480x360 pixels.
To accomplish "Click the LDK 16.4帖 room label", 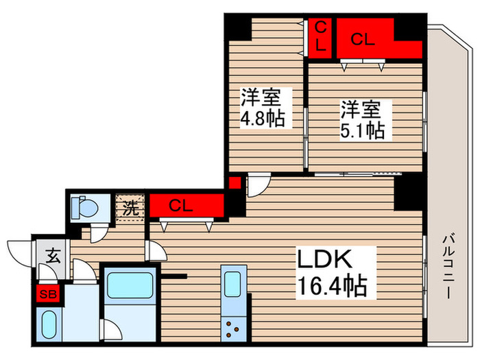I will (331, 272).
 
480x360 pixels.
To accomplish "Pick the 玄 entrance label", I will (51, 256).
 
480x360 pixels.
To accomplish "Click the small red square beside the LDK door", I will (235, 182).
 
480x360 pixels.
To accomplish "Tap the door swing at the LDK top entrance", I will (259, 184).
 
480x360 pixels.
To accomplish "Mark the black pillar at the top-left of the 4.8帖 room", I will (238, 28).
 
